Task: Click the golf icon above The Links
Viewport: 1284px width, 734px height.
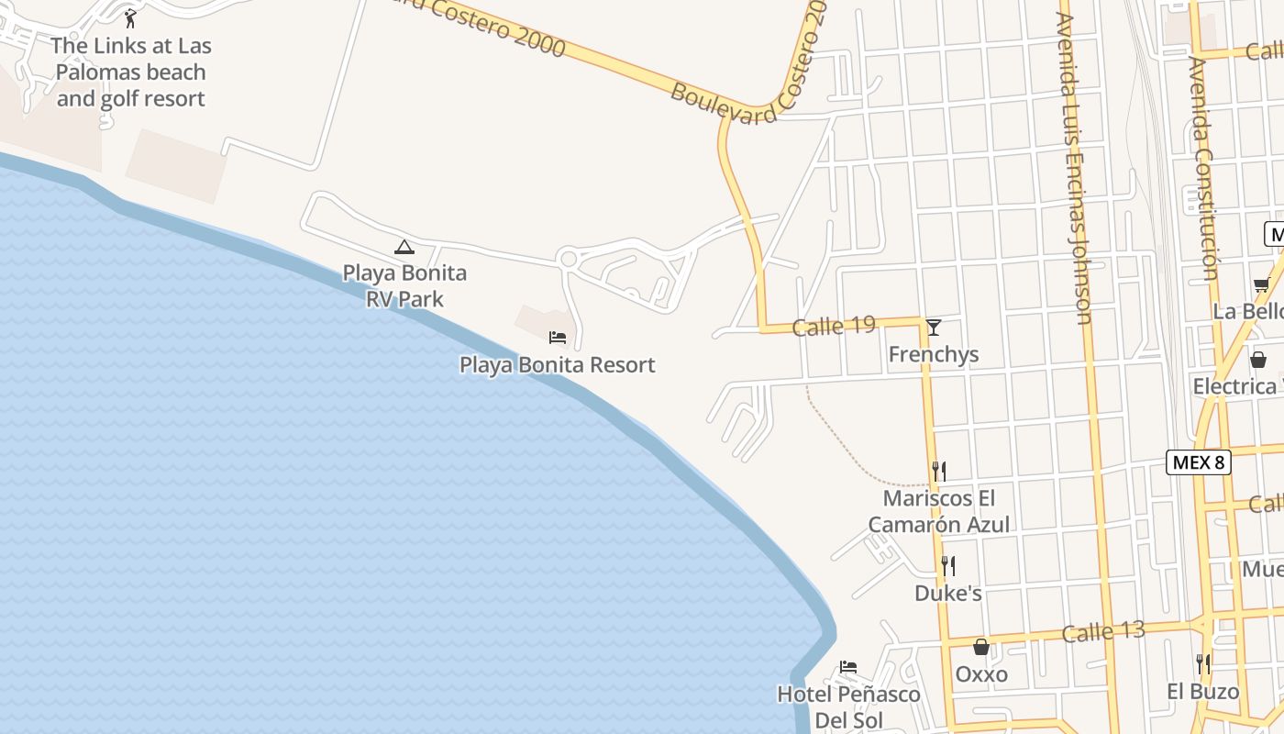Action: click(x=129, y=17)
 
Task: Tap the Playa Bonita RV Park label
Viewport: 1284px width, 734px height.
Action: click(x=404, y=285)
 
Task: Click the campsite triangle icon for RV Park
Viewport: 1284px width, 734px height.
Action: click(x=404, y=246)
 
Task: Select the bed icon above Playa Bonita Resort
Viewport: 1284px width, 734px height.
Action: click(x=557, y=338)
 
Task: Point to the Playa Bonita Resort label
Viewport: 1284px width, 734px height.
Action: click(x=557, y=364)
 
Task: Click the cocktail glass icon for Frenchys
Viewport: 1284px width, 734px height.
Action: click(x=934, y=327)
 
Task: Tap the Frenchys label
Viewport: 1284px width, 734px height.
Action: click(x=934, y=354)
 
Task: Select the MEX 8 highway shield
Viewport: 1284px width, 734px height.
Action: click(x=1198, y=462)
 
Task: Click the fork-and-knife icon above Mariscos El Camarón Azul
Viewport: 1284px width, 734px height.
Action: click(x=939, y=471)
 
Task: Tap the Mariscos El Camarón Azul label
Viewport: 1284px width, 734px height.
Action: click(x=939, y=511)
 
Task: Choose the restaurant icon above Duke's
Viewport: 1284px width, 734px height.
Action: click(x=948, y=565)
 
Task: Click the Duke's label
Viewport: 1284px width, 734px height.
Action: click(x=948, y=594)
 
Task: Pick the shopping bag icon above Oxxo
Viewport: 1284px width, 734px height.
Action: click(x=981, y=647)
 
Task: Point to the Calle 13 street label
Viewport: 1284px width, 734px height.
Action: click(x=1103, y=632)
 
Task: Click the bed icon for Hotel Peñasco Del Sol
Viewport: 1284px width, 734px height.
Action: click(x=848, y=667)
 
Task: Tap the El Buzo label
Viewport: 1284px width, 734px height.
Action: click(x=1202, y=691)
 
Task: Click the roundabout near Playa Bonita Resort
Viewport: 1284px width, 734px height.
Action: click(x=569, y=259)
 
